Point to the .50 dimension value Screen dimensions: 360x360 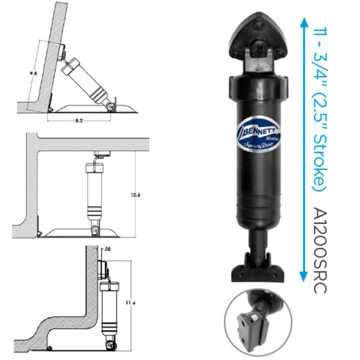(x=107, y=248)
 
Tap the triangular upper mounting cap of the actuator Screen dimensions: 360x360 (x=259, y=35)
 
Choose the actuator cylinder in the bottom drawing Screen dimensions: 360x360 (x=109, y=306)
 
